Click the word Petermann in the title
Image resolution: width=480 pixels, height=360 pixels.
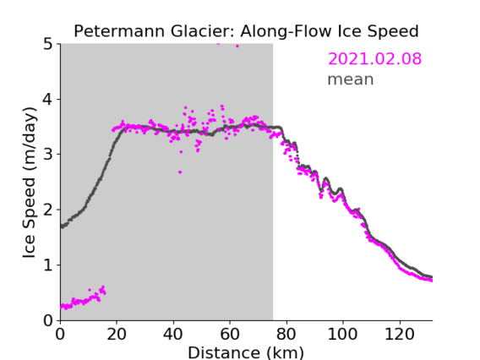(x=120, y=31)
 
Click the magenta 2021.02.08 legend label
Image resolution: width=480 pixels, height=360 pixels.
(x=374, y=59)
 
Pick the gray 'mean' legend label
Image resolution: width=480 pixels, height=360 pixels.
(x=351, y=79)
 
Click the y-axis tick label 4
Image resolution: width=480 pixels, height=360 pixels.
(x=48, y=100)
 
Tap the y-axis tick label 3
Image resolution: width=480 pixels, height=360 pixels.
(x=48, y=155)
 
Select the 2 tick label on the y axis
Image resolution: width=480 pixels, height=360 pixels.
(x=48, y=210)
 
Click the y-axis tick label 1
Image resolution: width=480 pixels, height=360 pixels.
(x=48, y=265)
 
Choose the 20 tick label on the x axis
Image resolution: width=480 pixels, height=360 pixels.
(x=117, y=333)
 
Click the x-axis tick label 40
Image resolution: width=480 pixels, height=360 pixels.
(x=173, y=333)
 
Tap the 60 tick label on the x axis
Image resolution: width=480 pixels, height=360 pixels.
(x=230, y=333)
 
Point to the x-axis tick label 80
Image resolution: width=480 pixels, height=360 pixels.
(x=286, y=333)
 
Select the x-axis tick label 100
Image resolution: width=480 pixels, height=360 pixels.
(x=342, y=333)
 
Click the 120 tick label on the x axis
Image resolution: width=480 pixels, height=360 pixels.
(x=399, y=333)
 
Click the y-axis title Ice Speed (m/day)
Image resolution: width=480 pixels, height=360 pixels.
(x=30, y=183)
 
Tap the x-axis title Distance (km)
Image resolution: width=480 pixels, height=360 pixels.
(x=246, y=352)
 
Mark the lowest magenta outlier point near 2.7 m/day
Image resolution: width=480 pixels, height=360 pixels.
(x=180, y=172)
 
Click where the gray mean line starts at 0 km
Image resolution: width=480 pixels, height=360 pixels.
(x=62, y=226)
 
